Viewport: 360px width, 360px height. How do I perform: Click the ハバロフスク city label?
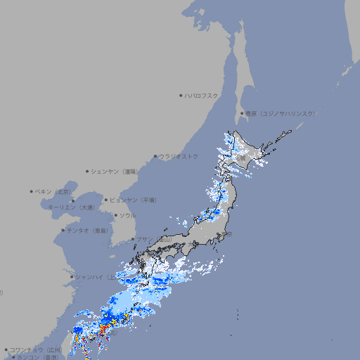click(202, 96)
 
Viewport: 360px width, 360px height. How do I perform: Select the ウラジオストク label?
click(179, 157)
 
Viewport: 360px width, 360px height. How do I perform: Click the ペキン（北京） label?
click(54, 191)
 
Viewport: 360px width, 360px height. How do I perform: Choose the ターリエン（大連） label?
click(71, 207)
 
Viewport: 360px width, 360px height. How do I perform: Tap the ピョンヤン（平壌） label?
click(134, 200)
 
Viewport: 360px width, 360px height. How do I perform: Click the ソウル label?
click(128, 215)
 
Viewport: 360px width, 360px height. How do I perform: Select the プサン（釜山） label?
click(154, 239)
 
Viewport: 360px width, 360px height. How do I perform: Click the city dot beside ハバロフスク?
click(181, 96)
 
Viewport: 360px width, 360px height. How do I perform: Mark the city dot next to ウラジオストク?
click(155, 157)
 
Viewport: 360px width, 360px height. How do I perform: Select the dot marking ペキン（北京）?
click(32, 191)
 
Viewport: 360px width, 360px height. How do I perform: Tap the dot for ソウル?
click(115, 215)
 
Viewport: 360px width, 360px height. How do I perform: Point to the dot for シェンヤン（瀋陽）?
click(87, 172)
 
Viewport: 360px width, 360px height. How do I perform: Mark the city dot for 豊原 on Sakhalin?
click(242, 113)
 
